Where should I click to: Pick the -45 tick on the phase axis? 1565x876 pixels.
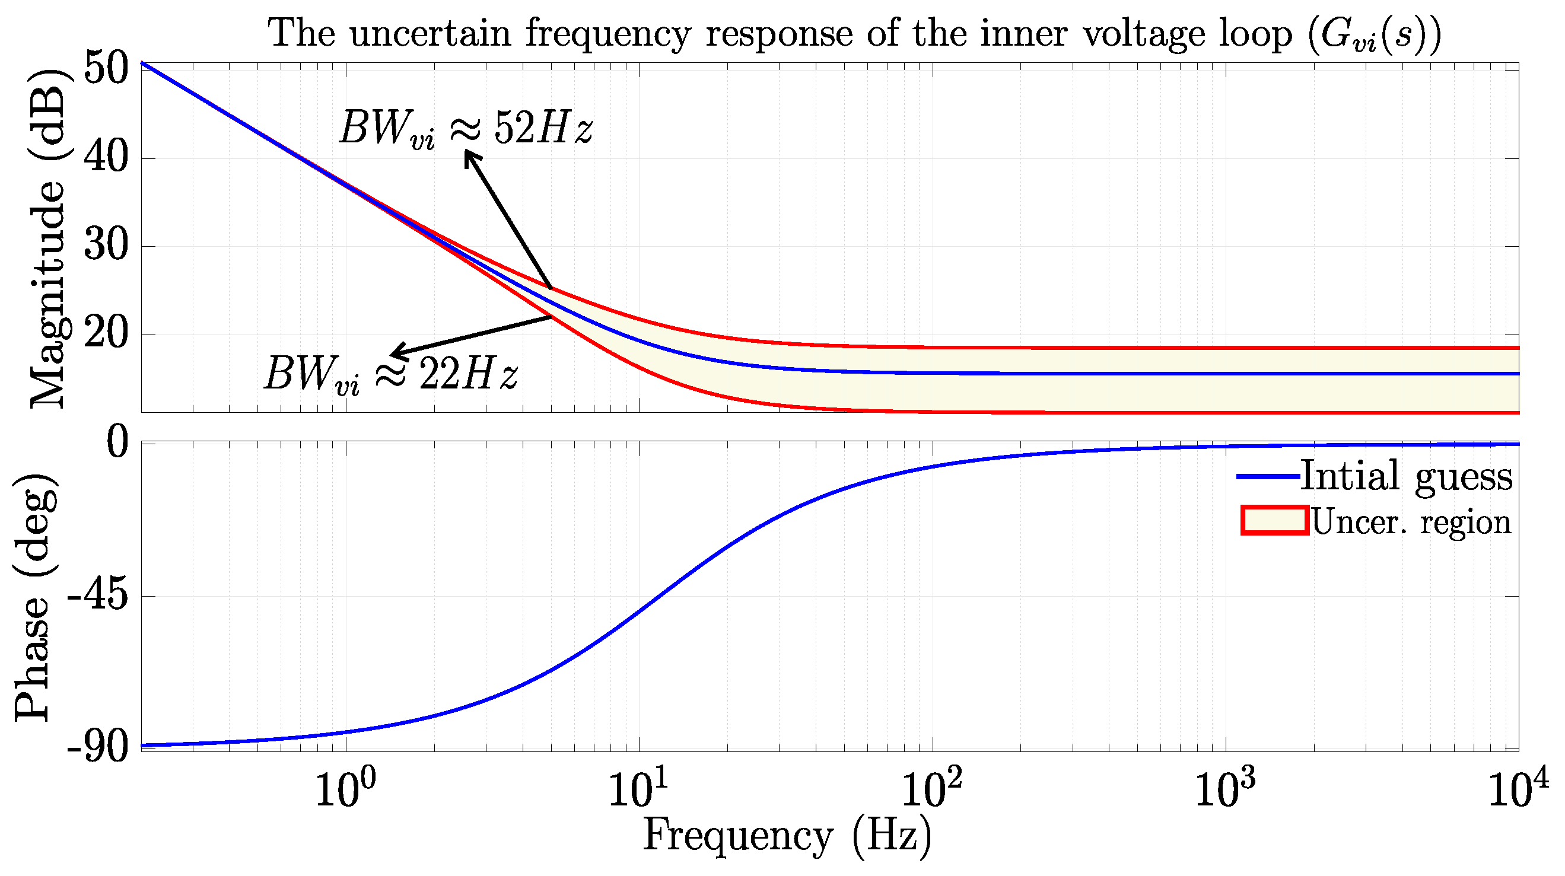coord(98,597)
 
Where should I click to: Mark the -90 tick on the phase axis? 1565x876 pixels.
coord(98,747)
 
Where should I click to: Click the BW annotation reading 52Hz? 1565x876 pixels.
coord(466,128)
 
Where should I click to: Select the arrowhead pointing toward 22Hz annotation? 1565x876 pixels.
coord(396,353)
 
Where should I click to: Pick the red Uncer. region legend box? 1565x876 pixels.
coord(1274,521)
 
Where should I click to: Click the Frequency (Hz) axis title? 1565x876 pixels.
coord(787,837)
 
